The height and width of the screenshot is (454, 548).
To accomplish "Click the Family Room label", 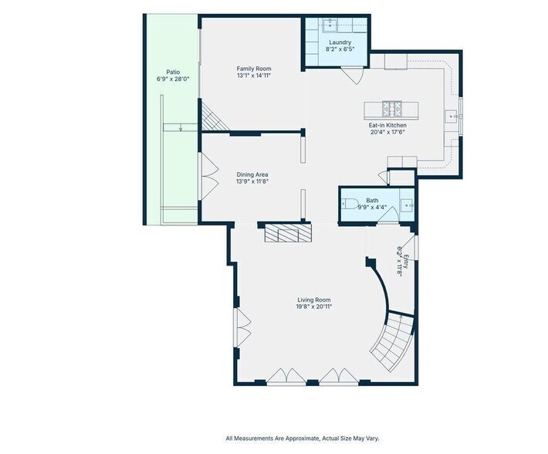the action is tap(254, 69).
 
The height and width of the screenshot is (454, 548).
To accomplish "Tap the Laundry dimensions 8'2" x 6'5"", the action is tap(340, 49).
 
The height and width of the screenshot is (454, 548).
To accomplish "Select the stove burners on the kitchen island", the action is tap(393, 109).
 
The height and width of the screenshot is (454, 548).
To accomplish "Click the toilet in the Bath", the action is tap(349, 203).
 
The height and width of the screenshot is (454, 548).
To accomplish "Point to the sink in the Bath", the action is tap(407, 205).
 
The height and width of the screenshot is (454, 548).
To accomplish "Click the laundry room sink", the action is tap(330, 25).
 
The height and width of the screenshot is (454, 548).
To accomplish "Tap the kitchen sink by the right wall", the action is tap(452, 117).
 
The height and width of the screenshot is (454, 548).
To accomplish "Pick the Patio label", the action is tap(173, 72).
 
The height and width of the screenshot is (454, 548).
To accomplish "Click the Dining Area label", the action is tap(252, 174).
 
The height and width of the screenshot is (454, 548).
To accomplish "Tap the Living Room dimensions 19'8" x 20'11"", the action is tap(314, 307).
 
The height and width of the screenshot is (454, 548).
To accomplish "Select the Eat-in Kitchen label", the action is tap(387, 125).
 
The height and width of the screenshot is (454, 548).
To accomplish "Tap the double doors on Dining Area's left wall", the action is tap(209, 177).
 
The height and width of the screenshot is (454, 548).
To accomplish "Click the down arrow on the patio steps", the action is tap(181, 127).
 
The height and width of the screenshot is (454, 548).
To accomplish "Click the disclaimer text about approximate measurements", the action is tap(303, 439).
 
